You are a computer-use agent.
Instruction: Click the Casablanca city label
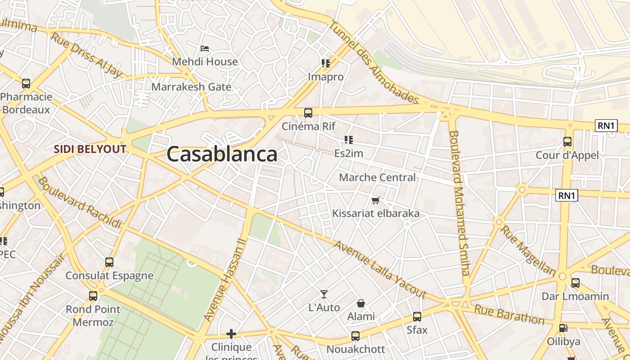click(222, 154)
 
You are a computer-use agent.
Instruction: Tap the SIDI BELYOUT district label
click(90, 149)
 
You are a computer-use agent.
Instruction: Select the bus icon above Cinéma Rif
click(308, 113)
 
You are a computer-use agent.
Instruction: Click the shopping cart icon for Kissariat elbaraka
click(375, 200)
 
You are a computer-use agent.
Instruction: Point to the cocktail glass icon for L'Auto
click(324, 294)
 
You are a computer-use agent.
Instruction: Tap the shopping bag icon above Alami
click(360, 304)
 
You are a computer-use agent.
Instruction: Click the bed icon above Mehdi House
click(205, 49)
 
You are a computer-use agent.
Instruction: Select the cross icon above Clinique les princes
click(231, 334)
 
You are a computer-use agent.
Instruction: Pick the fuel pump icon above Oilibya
click(563, 328)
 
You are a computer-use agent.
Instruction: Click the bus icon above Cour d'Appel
click(567, 142)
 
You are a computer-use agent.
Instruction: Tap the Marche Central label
click(377, 177)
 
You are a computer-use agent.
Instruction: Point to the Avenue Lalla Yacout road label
click(380, 270)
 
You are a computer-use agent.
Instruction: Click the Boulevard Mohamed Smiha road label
click(459, 202)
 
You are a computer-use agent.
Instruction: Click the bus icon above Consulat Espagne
click(109, 262)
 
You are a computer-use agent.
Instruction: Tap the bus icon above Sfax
click(417, 317)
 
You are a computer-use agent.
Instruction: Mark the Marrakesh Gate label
click(191, 87)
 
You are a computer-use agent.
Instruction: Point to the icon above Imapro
click(325, 63)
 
